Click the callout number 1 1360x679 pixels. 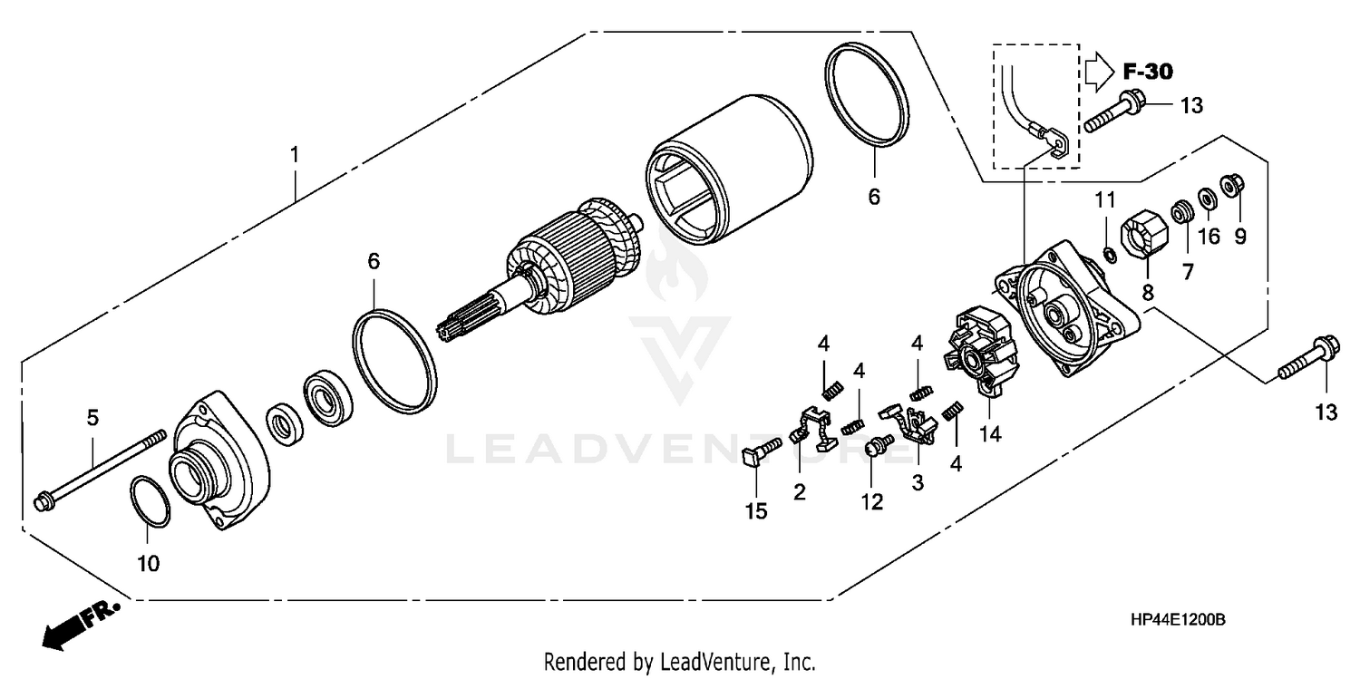pyautogui.click(x=294, y=156)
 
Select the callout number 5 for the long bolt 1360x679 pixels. pyautogui.click(x=92, y=418)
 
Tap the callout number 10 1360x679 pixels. pyautogui.click(x=148, y=563)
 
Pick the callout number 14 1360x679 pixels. pyautogui.click(x=989, y=435)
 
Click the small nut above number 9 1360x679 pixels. pyautogui.click(x=1232, y=185)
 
